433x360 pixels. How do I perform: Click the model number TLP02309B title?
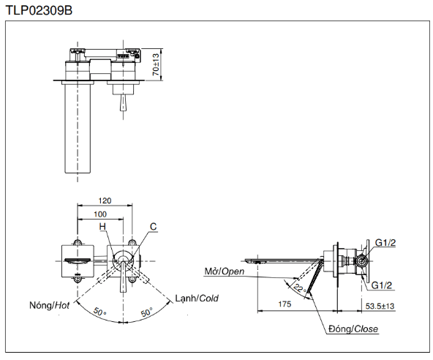click(39, 10)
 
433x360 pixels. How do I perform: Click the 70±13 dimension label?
click(156, 64)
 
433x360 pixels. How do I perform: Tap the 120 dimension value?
click(105, 200)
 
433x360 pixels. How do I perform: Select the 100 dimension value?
click(100, 214)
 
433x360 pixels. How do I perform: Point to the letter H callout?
click(102, 227)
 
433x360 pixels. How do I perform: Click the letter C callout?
click(154, 227)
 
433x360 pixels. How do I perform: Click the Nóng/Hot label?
click(50, 305)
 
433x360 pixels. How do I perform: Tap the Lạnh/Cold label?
click(197, 298)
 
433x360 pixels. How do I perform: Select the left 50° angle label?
click(99, 312)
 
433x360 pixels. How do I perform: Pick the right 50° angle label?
click(146, 312)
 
